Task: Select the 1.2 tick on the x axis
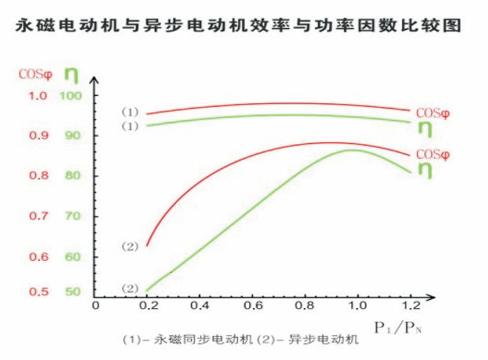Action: click(x=409, y=305)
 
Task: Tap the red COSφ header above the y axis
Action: click(x=34, y=72)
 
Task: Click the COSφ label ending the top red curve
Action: click(x=433, y=113)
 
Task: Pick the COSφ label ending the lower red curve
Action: click(x=433, y=155)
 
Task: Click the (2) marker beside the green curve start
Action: click(x=130, y=288)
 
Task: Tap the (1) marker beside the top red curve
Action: click(x=130, y=111)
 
